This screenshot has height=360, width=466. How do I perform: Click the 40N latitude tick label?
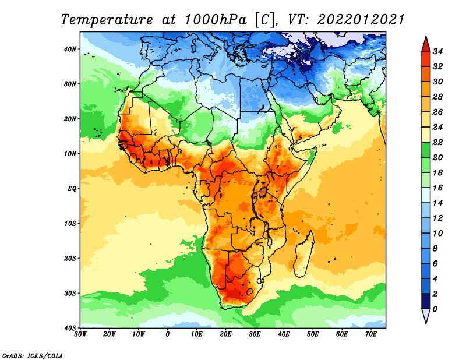[70, 49]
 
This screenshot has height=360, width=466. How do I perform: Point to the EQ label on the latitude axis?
[72, 189]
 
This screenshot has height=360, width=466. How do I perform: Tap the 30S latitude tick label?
[70, 294]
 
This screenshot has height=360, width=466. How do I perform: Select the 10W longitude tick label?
[139, 334]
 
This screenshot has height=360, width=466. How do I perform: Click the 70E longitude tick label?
[371, 334]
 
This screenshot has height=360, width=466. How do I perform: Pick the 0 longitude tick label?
[168, 334]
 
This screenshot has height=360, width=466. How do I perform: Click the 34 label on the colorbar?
[437, 51]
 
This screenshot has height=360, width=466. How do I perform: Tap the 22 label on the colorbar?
[437, 142]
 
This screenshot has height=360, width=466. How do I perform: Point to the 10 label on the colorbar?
[437, 234]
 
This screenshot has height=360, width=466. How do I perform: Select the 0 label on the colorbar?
[435, 309]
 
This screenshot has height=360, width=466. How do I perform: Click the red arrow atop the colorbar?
[426, 45]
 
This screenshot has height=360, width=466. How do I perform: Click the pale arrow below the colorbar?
[426, 315]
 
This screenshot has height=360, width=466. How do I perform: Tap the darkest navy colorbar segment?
[426, 301]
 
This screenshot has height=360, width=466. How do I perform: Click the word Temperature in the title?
[107, 20]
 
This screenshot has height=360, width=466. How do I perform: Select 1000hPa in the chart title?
[216, 20]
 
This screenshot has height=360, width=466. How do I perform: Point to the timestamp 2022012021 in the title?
[361, 20]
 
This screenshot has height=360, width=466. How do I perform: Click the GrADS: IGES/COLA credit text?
[33, 356]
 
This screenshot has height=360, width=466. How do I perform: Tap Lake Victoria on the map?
[263, 192]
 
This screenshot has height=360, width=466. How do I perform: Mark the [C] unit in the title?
[264, 20]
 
